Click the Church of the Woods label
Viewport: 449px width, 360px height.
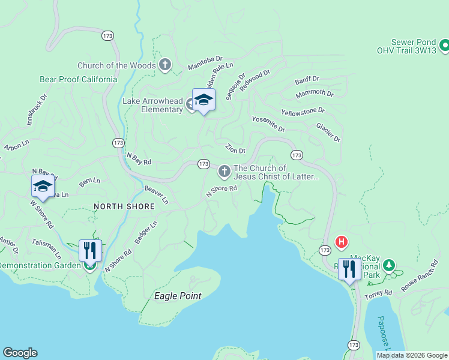116,65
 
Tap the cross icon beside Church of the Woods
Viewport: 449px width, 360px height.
166,65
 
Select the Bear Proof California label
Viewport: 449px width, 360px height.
78,79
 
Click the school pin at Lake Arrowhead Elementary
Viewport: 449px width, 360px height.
203,101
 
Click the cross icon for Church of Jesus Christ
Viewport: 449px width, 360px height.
224,172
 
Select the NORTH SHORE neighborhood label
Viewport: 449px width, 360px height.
124,206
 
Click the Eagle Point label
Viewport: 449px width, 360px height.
178,296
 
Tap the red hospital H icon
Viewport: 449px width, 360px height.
342,242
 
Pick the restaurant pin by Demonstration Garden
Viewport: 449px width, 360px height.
90,251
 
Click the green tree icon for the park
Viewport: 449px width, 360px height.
389,265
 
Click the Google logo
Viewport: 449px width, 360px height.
20,353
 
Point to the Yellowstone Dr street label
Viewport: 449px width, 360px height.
303,111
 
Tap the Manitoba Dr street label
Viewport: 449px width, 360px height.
205,63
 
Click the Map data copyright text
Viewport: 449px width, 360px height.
411,355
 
